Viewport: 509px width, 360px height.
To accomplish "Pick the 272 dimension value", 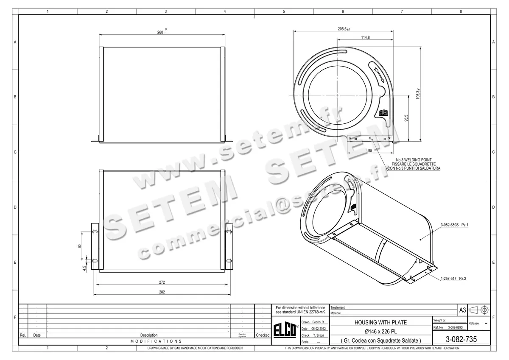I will (x=162, y=282).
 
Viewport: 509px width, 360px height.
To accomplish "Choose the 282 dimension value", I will (x=162, y=292).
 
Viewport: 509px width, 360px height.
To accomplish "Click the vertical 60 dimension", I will (x=80, y=246).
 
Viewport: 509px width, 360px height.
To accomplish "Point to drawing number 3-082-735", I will (x=461, y=339).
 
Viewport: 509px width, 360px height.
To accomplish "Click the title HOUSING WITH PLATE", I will (x=380, y=323).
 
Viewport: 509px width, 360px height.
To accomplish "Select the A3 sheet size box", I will (x=463, y=310).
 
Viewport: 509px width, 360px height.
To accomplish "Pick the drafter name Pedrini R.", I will (x=318, y=322).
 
